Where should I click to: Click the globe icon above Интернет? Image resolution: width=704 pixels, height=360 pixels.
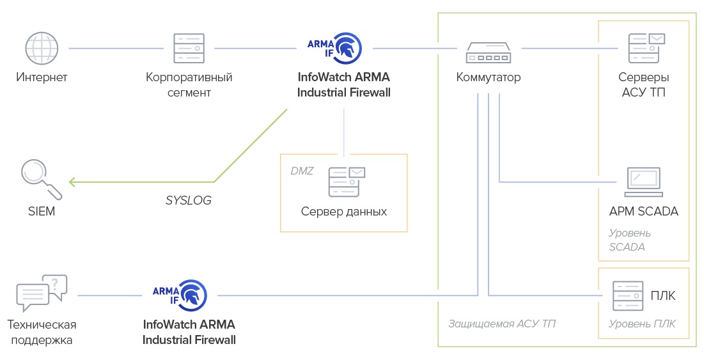pos(42,49)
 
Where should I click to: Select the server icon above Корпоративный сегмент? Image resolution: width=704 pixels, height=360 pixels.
pos(189,49)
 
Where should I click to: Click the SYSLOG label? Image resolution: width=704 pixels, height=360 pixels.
pos(188,200)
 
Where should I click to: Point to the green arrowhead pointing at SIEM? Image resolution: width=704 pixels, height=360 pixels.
pos(72,182)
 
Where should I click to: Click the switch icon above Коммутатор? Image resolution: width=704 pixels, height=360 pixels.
pos(489,53)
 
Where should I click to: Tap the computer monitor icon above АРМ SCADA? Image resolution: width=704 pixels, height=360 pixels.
pos(643,182)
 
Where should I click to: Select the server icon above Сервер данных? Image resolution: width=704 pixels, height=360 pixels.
pos(346,182)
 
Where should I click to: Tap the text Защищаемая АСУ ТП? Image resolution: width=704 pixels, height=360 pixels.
pos(501,324)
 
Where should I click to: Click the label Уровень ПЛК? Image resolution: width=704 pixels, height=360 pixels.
pos(642,324)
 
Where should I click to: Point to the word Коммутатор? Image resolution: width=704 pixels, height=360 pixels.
pos(489,77)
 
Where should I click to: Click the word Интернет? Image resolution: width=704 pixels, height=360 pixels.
pos(42,77)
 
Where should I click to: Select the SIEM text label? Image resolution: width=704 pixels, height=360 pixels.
pos(41,212)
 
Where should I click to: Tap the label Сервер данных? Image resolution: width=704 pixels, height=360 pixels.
pos(344,211)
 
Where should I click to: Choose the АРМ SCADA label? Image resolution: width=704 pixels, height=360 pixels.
pos(643,211)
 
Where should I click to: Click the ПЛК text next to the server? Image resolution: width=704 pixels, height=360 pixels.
pos(662,296)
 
